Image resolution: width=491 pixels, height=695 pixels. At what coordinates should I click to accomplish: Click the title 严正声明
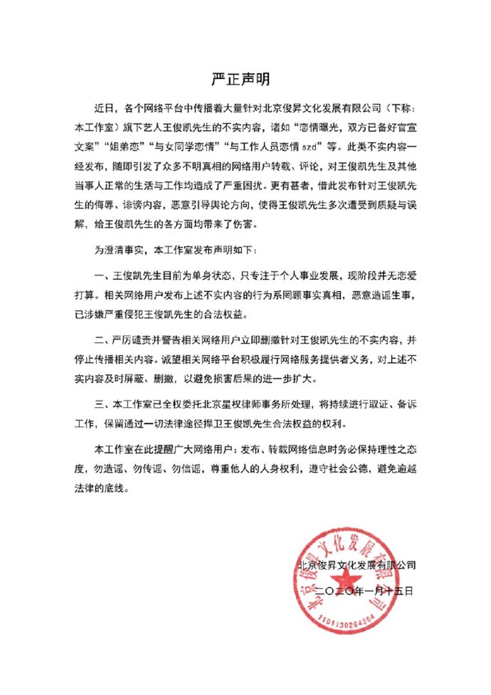[x=245, y=80]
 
